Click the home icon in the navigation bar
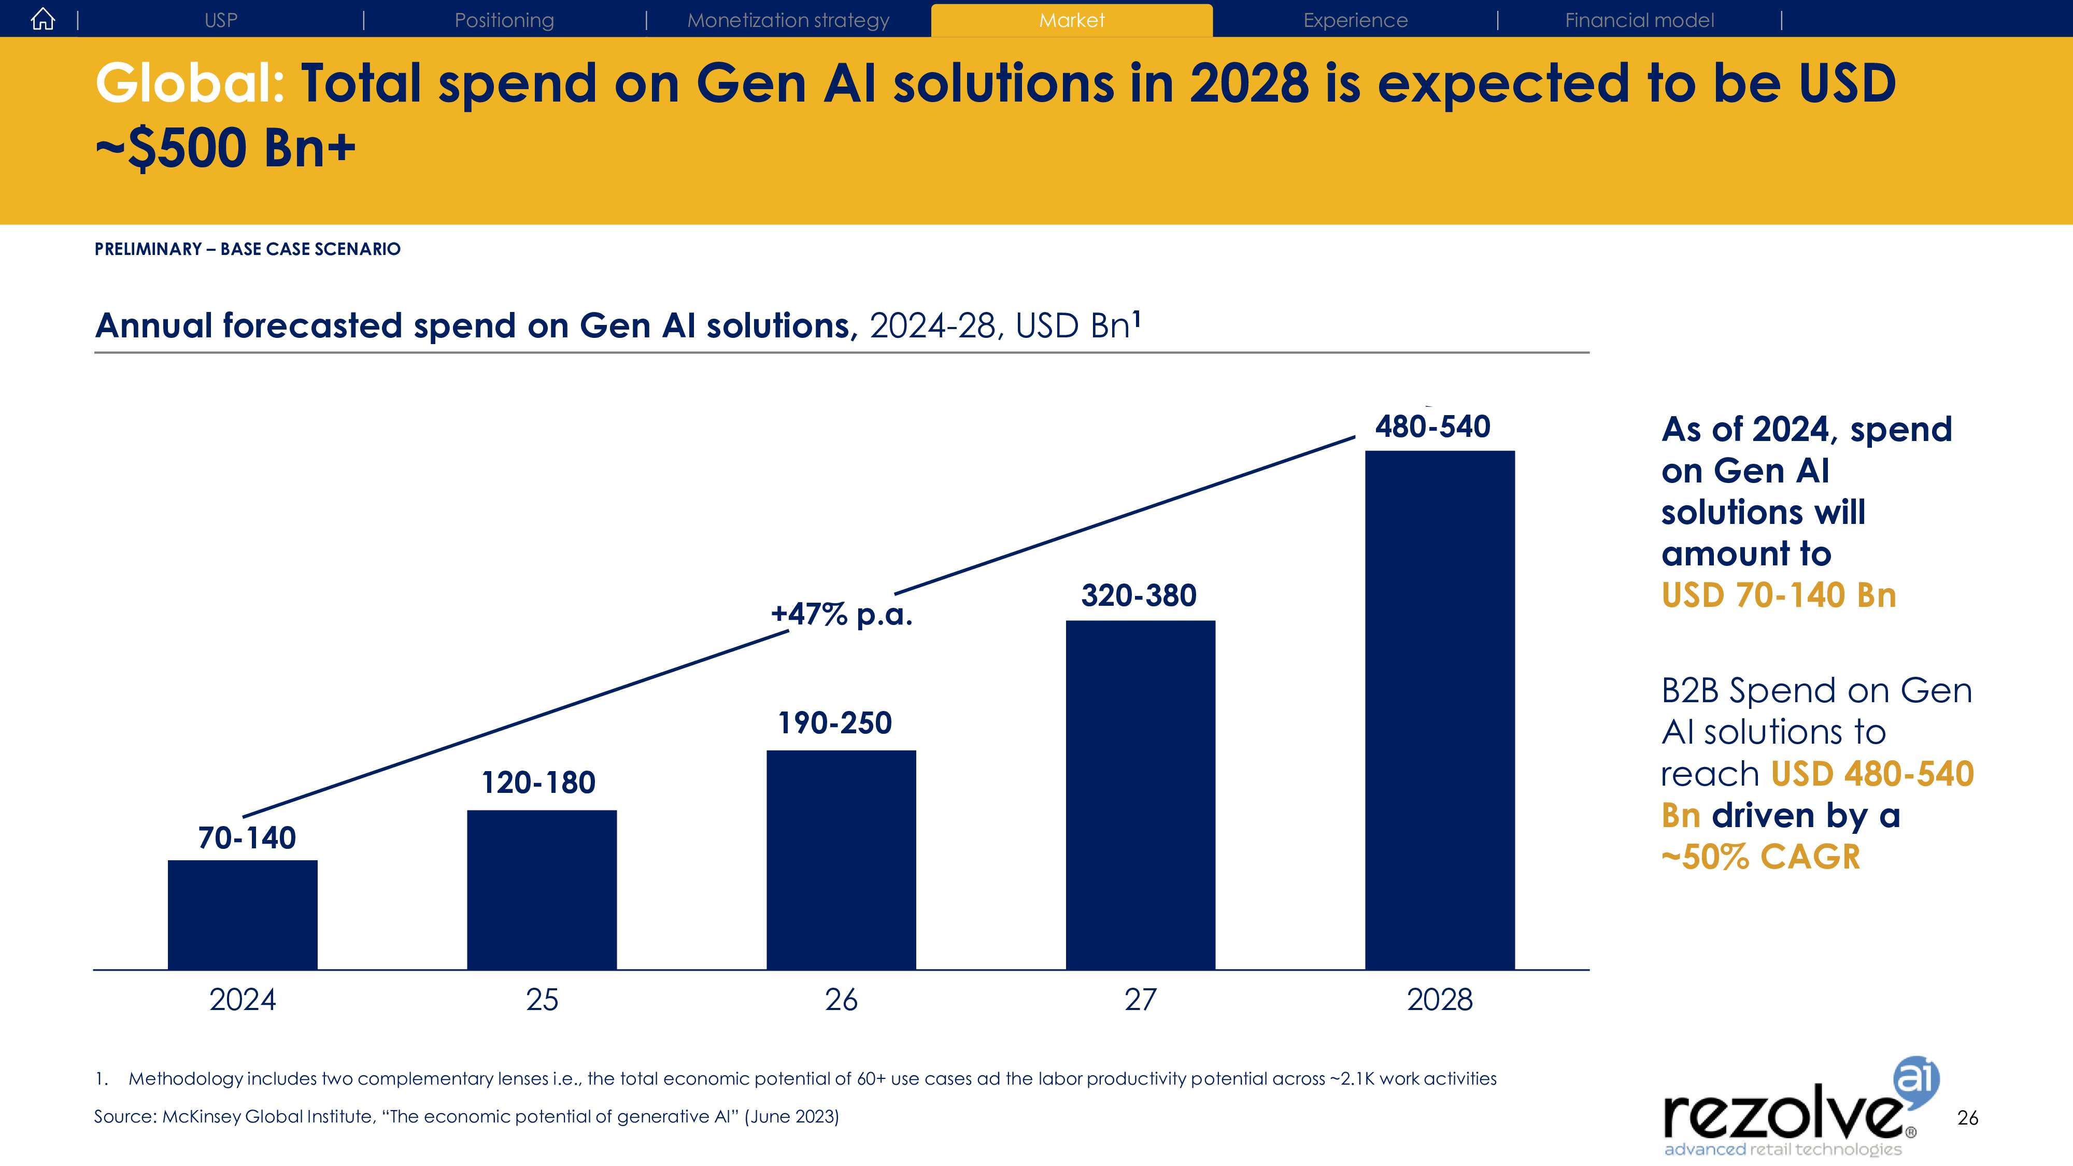[x=42, y=19]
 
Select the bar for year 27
[x=1140, y=794]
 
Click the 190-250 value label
[x=834, y=722]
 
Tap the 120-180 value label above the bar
[x=538, y=782]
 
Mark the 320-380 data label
[x=1139, y=595]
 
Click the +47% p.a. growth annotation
[x=842, y=614]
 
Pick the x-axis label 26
[x=841, y=1000]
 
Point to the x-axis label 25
[x=542, y=1000]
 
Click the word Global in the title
[x=190, y=83]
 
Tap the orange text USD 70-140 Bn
[x=1779, y=595]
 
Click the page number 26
[x=1968, y=1118]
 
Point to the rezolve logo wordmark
[x=1782, y=1115]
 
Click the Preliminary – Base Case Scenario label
[x=247, y=249]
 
